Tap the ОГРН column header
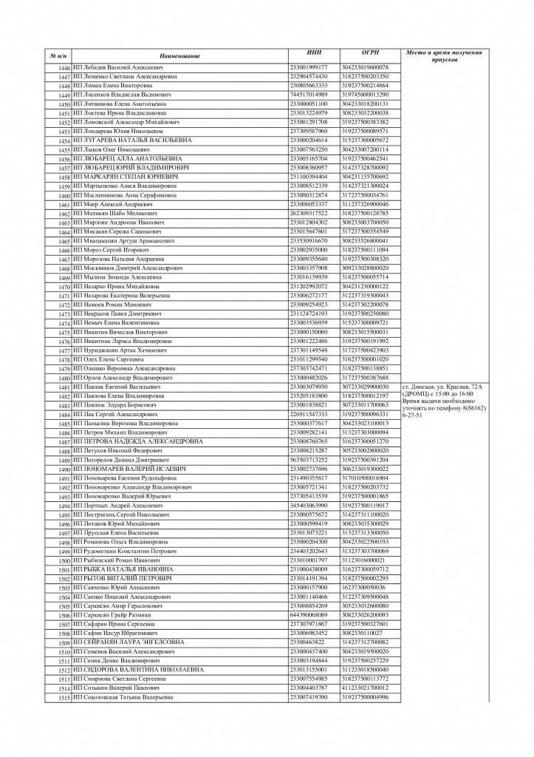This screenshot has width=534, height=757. [x=371, y=53]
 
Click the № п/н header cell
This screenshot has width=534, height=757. [x=58, y=57]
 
